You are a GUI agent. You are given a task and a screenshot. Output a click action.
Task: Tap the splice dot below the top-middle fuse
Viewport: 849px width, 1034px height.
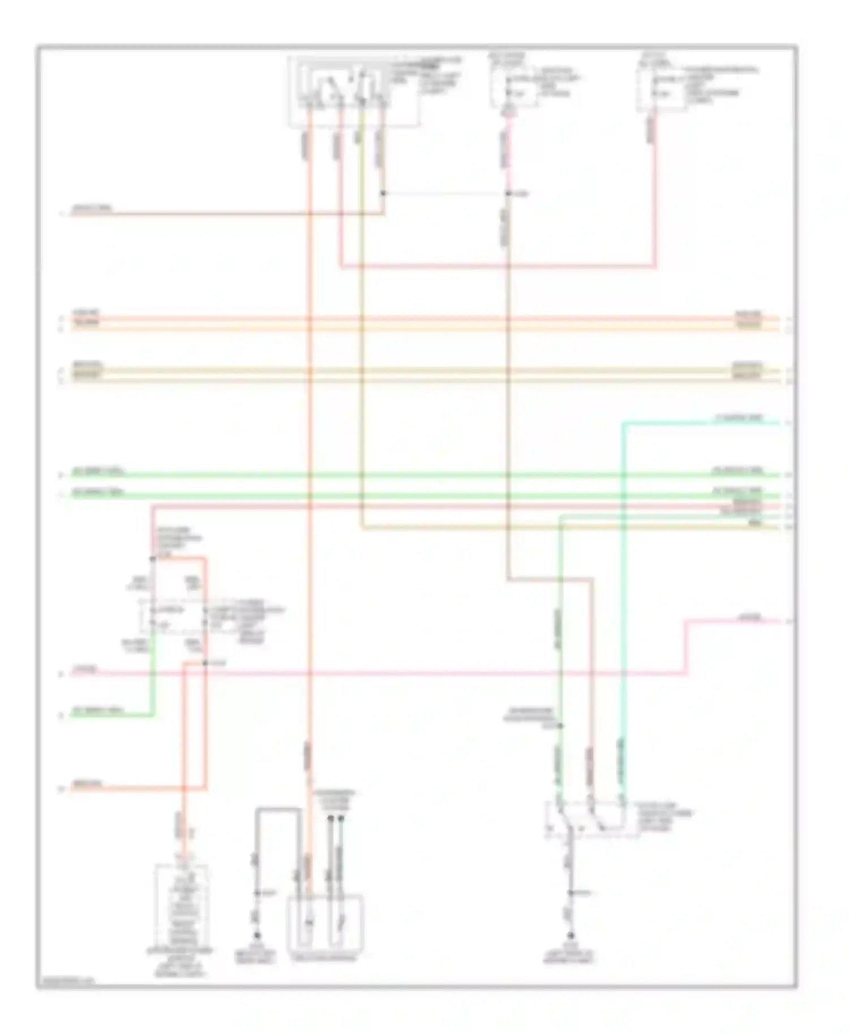click(508, 194)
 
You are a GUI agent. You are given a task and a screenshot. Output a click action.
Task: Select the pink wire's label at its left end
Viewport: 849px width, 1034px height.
click(85, 670)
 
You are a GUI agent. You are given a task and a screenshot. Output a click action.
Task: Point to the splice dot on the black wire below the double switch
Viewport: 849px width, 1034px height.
click(572, 893)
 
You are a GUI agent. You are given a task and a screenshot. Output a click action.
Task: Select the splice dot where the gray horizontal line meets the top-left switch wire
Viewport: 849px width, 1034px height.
click(383, 193)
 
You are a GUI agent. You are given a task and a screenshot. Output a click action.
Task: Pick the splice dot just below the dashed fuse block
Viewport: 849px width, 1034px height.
click(205, 662)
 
